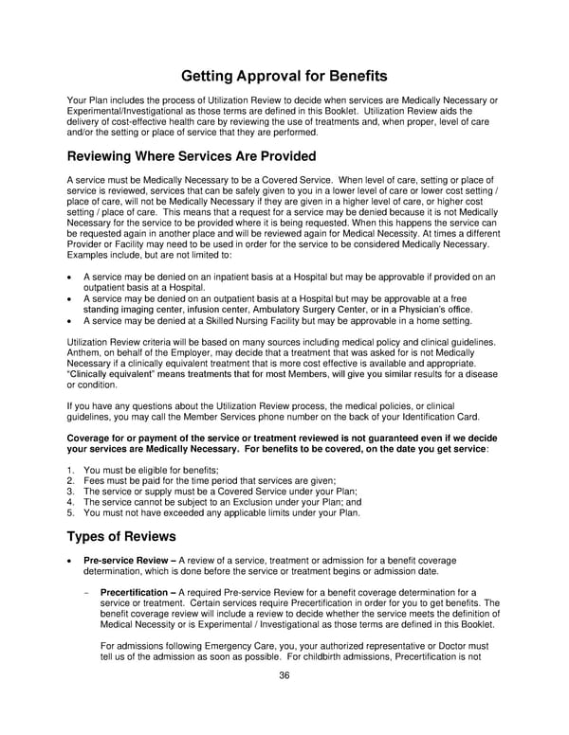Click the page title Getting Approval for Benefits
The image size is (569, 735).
click(284, 75)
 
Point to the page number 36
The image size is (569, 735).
click(284, 675)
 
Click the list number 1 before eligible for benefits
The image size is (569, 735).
click(71, 471)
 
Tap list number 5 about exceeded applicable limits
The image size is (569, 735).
click(71, 512)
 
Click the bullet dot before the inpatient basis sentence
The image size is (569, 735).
click(71, 278)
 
